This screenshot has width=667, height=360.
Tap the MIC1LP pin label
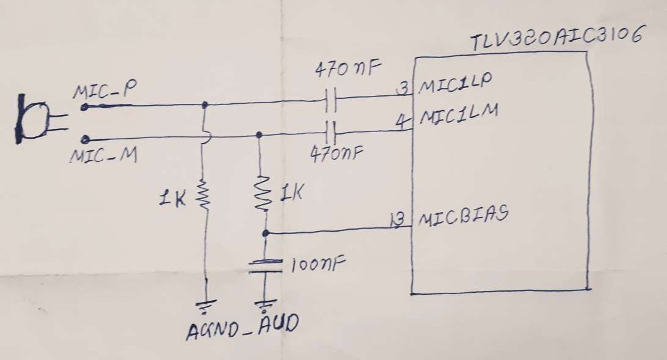[456, 83]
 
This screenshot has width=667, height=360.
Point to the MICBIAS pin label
[463, 216]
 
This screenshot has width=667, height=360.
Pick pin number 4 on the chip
[401, 121]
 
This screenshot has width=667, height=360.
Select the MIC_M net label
[104, 156]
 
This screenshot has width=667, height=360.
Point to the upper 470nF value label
[348, 68]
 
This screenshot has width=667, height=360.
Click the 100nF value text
[318, 264]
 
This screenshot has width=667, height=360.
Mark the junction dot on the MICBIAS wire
[266, 233]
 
